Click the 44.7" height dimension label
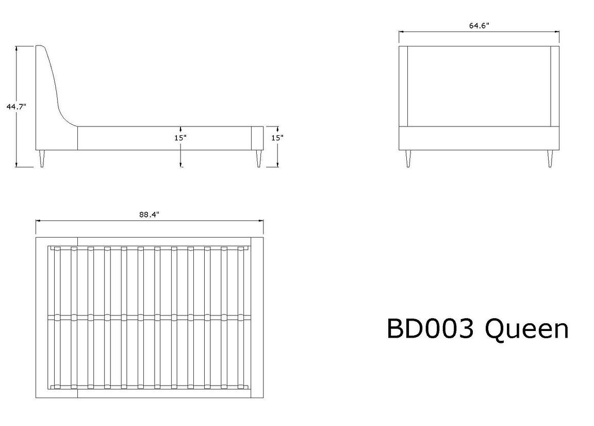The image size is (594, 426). click(x=16, y=106)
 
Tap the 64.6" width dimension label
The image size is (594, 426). click(x=479, y=25)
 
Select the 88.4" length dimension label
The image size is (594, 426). click(x=149, y=214)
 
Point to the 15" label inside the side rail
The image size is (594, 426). click(x=180, y=138)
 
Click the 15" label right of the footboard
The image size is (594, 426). click(x=277, y=138)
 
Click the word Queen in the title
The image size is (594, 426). click(x=527, y=329)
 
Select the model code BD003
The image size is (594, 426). click(x=430, y=328)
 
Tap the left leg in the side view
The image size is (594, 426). click(x=42, y=159)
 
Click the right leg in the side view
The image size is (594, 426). click(x=259, y=159)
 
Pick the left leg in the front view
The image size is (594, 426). click(x=408, y=159)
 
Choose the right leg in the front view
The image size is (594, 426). click(x=550, y=159)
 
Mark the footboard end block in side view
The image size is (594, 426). click(x=258, y=138)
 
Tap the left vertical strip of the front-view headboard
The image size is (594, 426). click(x=403, y=86)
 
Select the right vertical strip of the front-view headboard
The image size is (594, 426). click(x=555, y=86)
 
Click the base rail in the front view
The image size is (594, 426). click(x=479, y=138)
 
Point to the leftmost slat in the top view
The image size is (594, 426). click(x=57, y=318)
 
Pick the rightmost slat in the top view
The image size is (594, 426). click(x=241, y=318)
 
